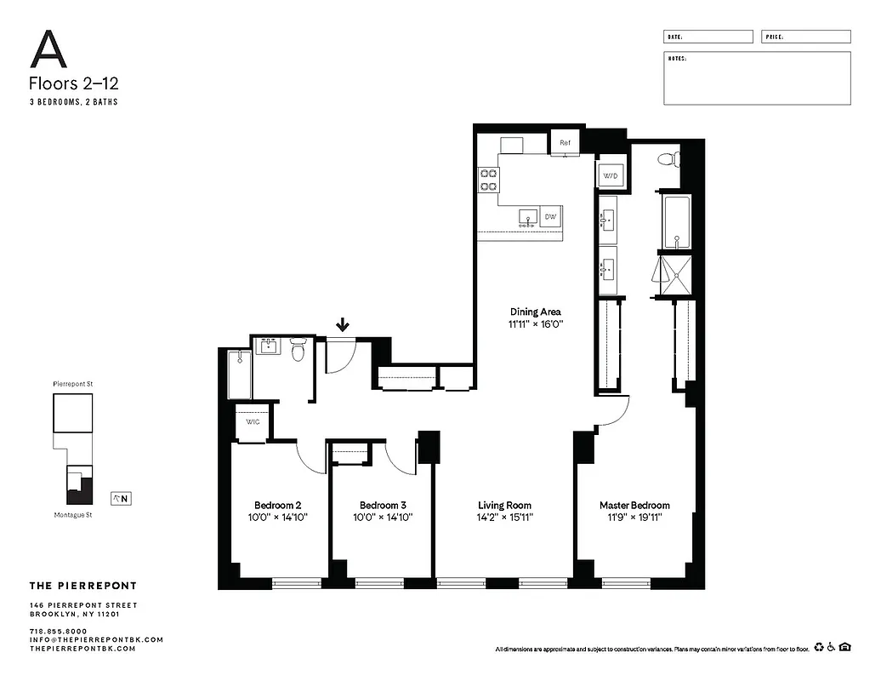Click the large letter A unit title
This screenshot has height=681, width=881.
48,50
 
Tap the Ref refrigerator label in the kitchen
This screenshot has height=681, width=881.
565,142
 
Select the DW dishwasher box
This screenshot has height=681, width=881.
550,218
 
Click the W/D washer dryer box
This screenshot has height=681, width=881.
611,175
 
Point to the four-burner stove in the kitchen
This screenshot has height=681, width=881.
489,180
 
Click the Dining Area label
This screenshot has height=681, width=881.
535,312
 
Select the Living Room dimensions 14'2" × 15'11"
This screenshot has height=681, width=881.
504,517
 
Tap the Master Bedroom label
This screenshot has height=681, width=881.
634,505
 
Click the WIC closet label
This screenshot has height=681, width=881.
253,422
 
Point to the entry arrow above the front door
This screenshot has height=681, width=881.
343,324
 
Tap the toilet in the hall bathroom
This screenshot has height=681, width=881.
298,350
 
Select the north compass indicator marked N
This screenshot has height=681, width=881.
121,499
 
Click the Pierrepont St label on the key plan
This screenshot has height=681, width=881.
72,385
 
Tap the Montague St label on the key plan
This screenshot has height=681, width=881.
72,515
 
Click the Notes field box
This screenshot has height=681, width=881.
756,78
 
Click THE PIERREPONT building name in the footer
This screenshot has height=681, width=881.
82,586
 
